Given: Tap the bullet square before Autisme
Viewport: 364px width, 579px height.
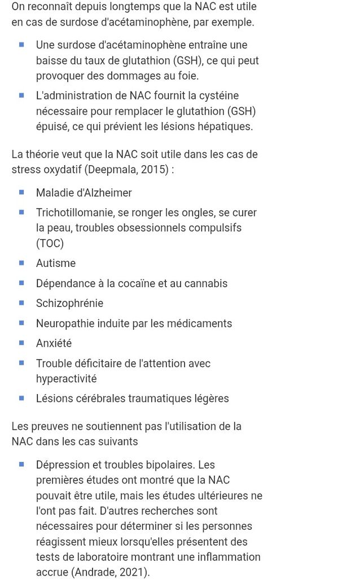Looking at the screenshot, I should point(21,262).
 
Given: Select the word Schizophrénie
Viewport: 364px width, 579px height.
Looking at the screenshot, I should point(69,303).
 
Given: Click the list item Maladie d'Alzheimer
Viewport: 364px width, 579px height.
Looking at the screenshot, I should point(84,193).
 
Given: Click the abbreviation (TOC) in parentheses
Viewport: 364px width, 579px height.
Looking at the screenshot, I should point(50,243).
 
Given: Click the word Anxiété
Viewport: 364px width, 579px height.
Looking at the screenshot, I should point(54,343).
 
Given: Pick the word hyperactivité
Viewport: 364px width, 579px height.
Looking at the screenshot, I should point(67,378).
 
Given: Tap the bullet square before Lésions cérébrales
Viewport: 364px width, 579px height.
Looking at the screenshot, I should point(21,397).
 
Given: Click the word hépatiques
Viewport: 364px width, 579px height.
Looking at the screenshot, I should point(225,127).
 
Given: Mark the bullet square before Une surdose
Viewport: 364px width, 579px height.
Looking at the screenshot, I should point(21,44).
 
